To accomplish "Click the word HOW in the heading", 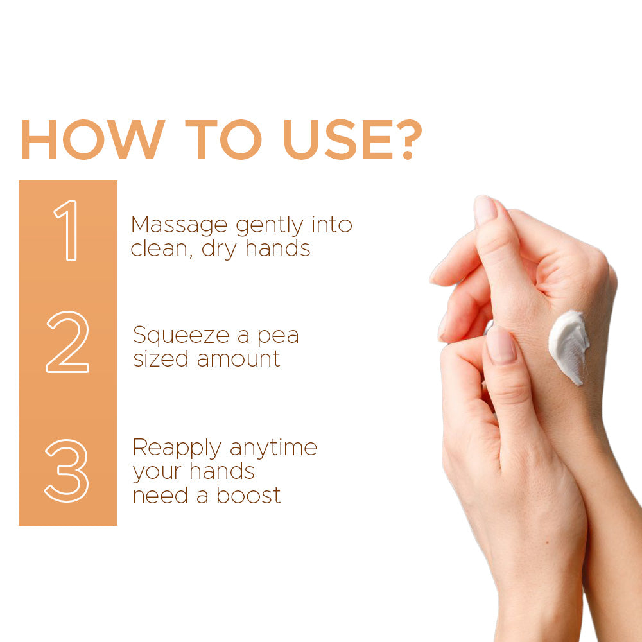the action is [93, 139].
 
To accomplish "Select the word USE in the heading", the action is [338, 139].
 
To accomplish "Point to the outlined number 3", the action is [67, 471].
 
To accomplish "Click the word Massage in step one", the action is [179, 225].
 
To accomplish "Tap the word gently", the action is [270, 225].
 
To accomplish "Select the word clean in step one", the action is [159, 248].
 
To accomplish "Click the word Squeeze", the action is [181, 336].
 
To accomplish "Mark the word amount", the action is [239, 359].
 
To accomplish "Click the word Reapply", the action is [177, 448].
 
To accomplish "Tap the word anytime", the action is [273, 448].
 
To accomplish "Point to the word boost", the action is [248, 495].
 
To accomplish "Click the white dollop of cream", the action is [569, 346].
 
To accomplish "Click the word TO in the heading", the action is [223, 139].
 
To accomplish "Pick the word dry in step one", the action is [219, 249].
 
